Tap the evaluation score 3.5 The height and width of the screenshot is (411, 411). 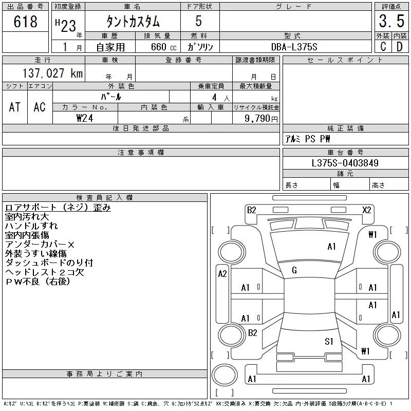(390, 22)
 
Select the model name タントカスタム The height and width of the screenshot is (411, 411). (133, 22)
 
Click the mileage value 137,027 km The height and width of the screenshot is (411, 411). (52, 73)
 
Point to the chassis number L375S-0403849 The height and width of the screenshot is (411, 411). (345, 163)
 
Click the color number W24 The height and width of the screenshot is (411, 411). (85, 118)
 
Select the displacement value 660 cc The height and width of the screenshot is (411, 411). (157, 47)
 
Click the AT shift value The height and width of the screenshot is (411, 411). (14, 107)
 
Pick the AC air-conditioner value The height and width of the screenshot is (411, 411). (40, 107)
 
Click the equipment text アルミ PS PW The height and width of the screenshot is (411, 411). (308, 139)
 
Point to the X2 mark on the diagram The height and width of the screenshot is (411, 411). (366, 210)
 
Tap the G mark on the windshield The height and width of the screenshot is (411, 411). (294, 270)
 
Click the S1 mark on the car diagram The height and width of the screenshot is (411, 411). (329, 341)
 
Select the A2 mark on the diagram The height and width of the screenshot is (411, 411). (222, 274)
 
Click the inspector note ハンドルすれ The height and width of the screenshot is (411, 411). (31, 226)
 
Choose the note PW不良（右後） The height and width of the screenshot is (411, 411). (37, 282)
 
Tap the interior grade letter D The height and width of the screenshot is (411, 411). (399, 47)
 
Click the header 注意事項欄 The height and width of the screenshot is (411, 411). (141, 153)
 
